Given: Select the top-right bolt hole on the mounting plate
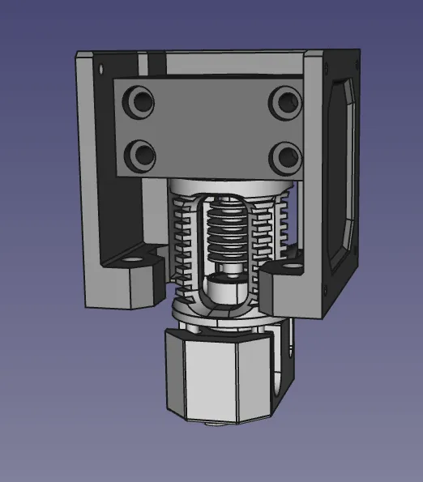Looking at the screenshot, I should tap(284, 102).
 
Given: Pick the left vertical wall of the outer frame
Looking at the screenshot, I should tap(88, 162).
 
